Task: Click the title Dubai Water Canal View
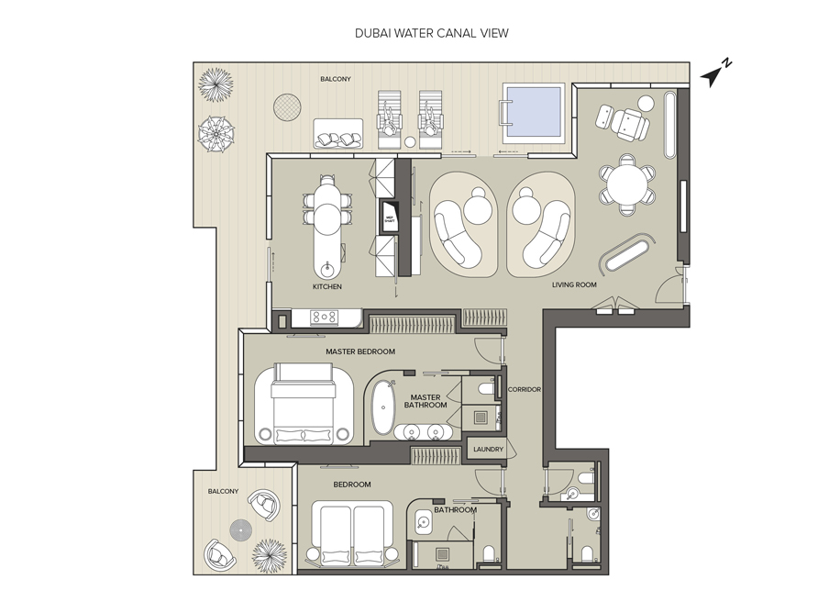coord(431,33)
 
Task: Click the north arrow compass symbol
coord(715,74)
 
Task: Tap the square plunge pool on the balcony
coord(533,112)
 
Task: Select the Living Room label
coord(574,285)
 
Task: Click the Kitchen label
coord(327,287)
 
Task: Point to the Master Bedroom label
coord(360,351)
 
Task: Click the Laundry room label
coord(488,450)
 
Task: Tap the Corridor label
coord(525,390)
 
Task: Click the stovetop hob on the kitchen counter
coord(324,318)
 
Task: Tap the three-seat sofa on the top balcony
coord(339,134)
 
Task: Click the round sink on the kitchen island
coord(328,269)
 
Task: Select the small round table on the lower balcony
coord(240,529)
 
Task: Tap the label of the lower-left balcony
coord(223,491)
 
